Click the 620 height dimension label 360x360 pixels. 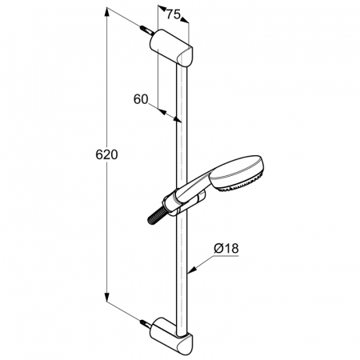[x=106, y=154]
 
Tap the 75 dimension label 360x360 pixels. [x=174, y=14]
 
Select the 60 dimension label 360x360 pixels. [x=141, y=99]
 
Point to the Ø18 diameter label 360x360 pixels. [x=226, y=249]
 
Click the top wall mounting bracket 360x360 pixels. [x=171, y=47]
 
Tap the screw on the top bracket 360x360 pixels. [x=146, y=30]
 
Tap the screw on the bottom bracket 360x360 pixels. [x=146, y=324]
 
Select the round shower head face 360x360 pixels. [x=235, y=173]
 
